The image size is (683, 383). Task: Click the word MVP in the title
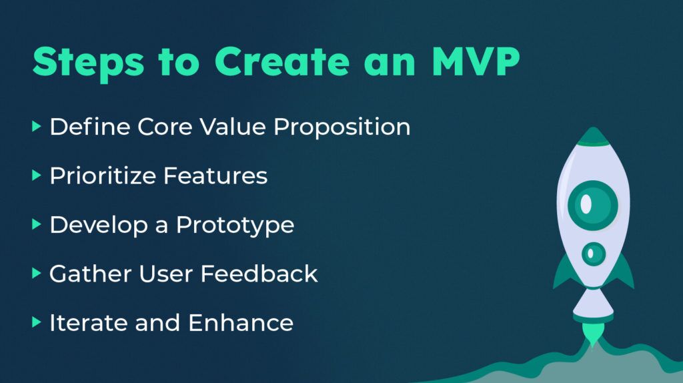[476, 61]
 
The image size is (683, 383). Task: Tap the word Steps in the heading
[88, 63]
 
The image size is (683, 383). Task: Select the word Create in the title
[282, 61]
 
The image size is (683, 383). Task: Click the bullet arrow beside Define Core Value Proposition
[37, 127]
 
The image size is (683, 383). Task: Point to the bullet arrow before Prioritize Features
[37, 175]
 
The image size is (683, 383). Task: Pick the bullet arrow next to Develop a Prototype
[37, 225]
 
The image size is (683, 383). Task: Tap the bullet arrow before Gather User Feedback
[37, 274]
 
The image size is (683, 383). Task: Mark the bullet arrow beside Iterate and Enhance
[37, 322]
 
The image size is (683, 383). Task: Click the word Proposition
[342, 127]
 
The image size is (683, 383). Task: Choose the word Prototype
[235, 226]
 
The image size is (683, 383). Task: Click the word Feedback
[259, 274]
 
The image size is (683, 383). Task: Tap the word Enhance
[241, 323]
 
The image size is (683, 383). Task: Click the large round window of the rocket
[593, 205]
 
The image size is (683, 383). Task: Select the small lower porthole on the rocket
[593, 254]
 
